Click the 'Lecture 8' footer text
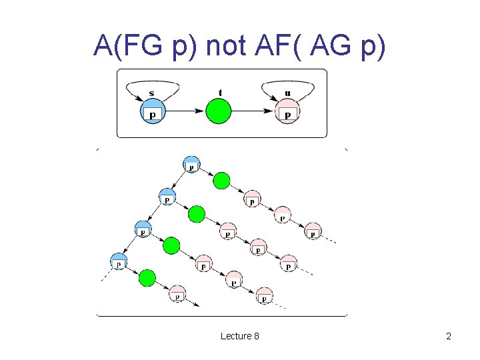[240, 336]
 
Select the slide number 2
[449, 336]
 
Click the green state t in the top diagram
[218, 111]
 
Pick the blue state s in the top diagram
[153, 111]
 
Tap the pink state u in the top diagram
[287, 111]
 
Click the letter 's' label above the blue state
[152, 93]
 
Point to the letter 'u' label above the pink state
[287, 93]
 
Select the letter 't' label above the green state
[220, 92]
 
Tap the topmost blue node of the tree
[191, 164]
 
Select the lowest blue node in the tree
[119, 261]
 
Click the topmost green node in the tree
[222, 181]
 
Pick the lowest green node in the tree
[147, 277]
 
